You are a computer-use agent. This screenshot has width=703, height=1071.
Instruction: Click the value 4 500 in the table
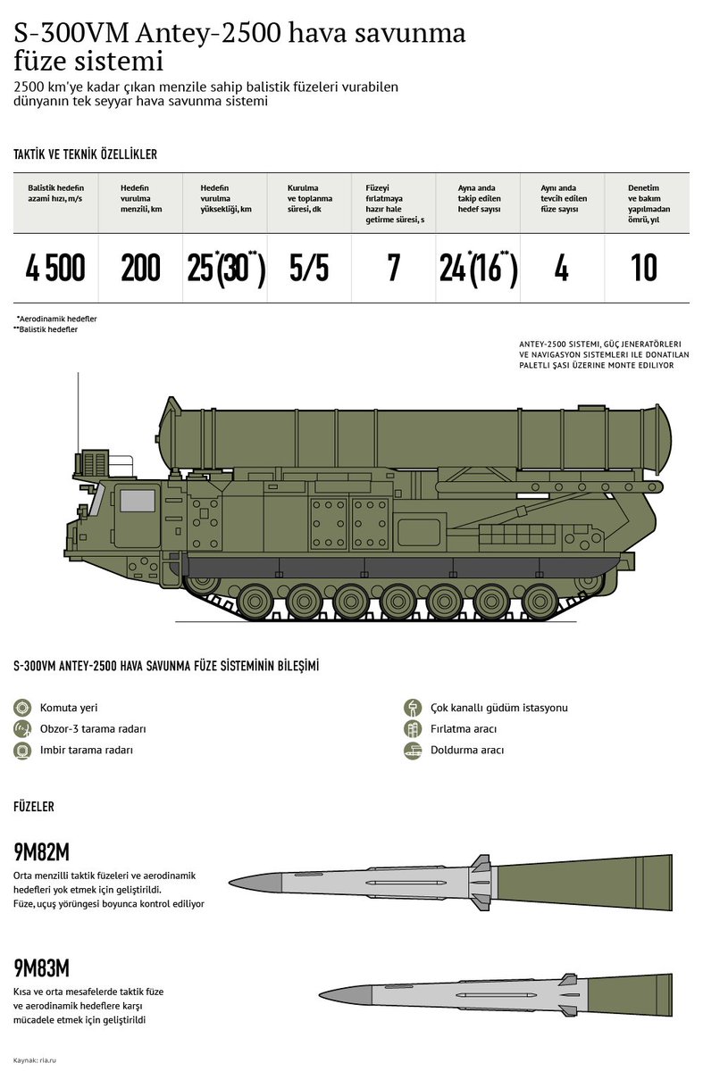tap(55, 268)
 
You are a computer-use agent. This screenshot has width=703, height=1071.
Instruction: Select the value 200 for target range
tap(140, 268)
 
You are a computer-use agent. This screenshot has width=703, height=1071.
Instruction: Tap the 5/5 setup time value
tap(309, 268)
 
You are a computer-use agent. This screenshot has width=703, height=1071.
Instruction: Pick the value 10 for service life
tap(644, 268)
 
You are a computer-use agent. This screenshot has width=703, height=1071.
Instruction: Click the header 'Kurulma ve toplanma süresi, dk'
tap(310, 198)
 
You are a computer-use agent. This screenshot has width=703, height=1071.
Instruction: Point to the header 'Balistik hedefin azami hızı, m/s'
tap(55, 193)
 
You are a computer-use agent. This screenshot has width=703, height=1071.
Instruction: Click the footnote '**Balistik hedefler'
tap(46, 329)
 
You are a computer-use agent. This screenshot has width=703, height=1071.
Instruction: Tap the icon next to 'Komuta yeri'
tap(22, 708)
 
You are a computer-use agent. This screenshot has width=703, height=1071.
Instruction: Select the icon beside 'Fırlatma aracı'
tap(413, 728)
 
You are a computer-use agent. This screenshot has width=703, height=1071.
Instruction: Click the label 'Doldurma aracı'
tap(467, 750)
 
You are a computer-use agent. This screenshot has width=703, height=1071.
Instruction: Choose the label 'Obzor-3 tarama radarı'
tap(93, 728)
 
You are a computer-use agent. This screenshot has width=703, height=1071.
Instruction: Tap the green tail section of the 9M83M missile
tap(630, 994)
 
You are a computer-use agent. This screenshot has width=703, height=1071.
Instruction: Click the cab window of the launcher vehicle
tap(138, 501)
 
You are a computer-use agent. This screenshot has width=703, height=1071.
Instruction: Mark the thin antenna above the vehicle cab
tap(78, 413)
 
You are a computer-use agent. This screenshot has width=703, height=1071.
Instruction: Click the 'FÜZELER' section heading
tap(34, 807)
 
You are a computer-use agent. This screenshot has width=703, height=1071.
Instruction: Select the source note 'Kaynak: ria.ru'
tap(35, 1060)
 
